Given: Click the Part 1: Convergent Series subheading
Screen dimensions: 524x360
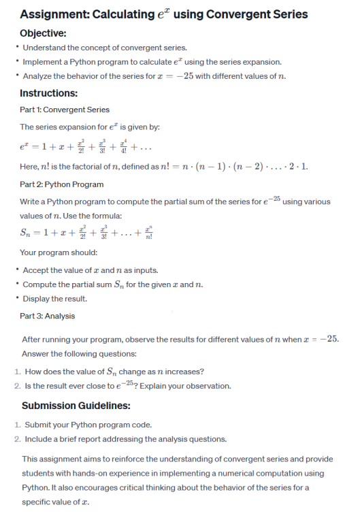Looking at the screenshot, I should [65, 110].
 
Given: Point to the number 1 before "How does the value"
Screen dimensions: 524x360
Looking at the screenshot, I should [16, 372].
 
